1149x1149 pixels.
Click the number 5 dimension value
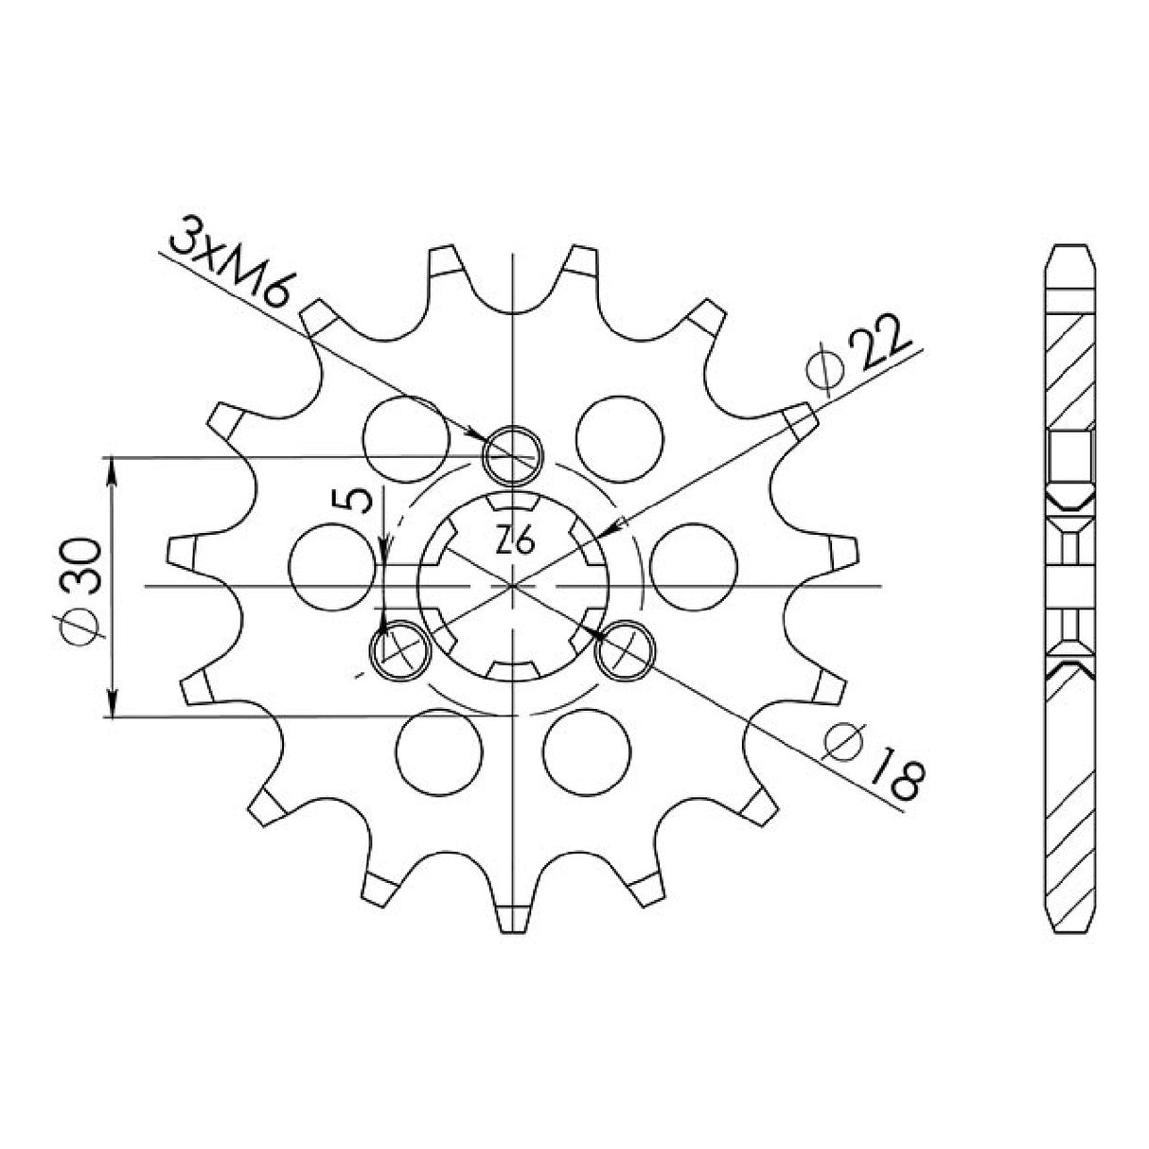[359, 500]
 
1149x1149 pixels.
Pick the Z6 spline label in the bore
[517, 541]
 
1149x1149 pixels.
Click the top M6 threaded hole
[512, 456]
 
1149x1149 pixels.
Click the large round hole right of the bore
[694, 568]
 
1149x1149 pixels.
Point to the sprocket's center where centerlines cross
[512, 586]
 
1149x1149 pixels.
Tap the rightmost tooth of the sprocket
[844, 551]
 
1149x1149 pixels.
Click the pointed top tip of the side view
[1070, 248]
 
